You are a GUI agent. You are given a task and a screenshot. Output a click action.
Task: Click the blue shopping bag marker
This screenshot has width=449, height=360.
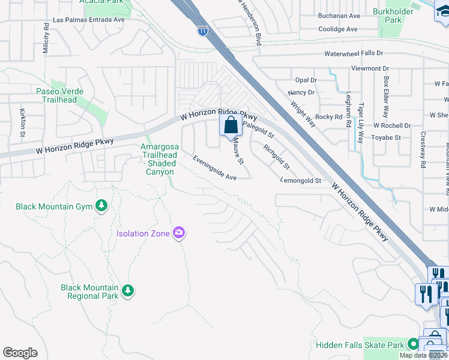(231, 127)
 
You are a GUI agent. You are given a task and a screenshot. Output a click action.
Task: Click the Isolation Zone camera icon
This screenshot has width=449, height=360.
(178, 233)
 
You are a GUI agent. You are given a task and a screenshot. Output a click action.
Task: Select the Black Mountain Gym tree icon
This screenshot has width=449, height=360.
(101, 206)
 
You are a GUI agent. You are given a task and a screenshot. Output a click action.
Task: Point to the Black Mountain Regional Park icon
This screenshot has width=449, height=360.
(127, 291)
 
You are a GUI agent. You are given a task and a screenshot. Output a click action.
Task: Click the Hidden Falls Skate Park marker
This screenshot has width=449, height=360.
(412, 344)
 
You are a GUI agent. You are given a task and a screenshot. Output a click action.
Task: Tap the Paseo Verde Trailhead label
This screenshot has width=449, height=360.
(59, 95)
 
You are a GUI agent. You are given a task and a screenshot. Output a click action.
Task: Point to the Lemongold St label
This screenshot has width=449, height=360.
(301, 180)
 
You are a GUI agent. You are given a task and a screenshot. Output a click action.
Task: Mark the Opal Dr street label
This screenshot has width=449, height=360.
(306, 80)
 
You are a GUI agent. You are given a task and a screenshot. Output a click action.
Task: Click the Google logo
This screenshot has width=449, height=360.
(20, 353)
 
